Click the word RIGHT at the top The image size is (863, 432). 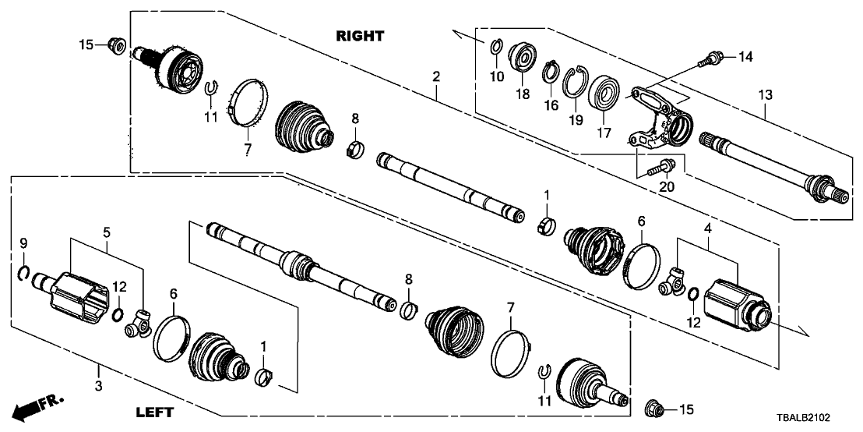[360, 35]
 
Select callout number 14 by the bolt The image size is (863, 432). [745, 56]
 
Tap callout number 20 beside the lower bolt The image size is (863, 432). [668, 187]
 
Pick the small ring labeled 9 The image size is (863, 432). [24, 272]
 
